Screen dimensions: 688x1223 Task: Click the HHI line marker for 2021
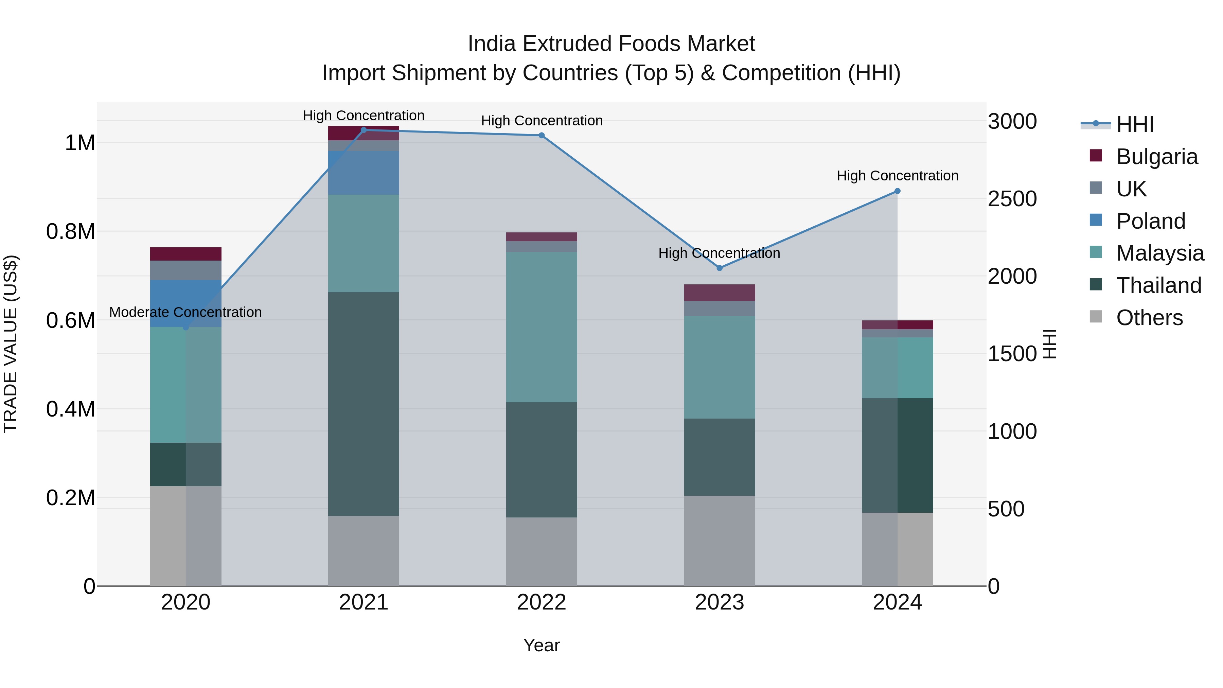pyautogui.click(x=364, y=130)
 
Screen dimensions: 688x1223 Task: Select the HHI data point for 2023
pyautogui.click(x=719, y=268)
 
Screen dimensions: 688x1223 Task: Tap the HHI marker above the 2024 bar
pyautogui.click(x=897, y=191)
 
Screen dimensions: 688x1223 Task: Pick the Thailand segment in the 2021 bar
pyautogui.click(x=364, y=404)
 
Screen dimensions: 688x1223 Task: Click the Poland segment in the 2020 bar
pyautogui.click(x=185, y=303)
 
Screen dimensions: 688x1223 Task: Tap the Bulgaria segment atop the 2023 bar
pyautogui.click(x=719, y=293)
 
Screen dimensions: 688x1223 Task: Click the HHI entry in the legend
pyautogui.click(x=1134, y=124)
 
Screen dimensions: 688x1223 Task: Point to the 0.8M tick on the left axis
pyautogui.click(x=71, y=231)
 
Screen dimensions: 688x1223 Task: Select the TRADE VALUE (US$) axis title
pyautogui.click(x=11, y=344)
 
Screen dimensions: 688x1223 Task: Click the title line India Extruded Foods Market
pyautogui.click(x=611, y=44)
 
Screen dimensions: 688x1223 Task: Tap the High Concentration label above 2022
pyautogui.click(x=542, y=121)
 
